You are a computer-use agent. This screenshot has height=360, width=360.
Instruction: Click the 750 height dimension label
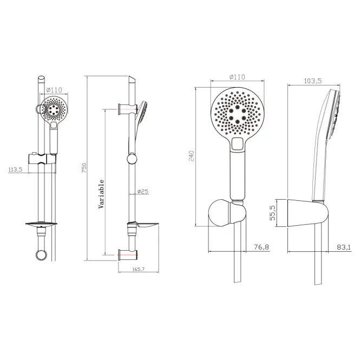[84, 168]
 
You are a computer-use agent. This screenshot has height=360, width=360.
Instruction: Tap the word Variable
[101, 194]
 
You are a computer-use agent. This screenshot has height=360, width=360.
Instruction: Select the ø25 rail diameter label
[143, 191]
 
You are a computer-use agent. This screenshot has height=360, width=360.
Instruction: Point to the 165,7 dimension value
[139, 269]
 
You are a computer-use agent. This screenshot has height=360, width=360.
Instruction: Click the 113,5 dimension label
[15, 169]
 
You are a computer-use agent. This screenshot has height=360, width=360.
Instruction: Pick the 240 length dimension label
[192, 156]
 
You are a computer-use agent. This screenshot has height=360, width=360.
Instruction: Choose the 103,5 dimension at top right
[313, 81]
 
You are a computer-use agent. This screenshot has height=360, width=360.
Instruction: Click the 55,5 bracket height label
[272, 213]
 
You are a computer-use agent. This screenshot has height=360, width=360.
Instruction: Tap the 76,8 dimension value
[261, 247]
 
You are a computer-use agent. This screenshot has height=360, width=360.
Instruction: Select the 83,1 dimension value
[344, 247]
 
